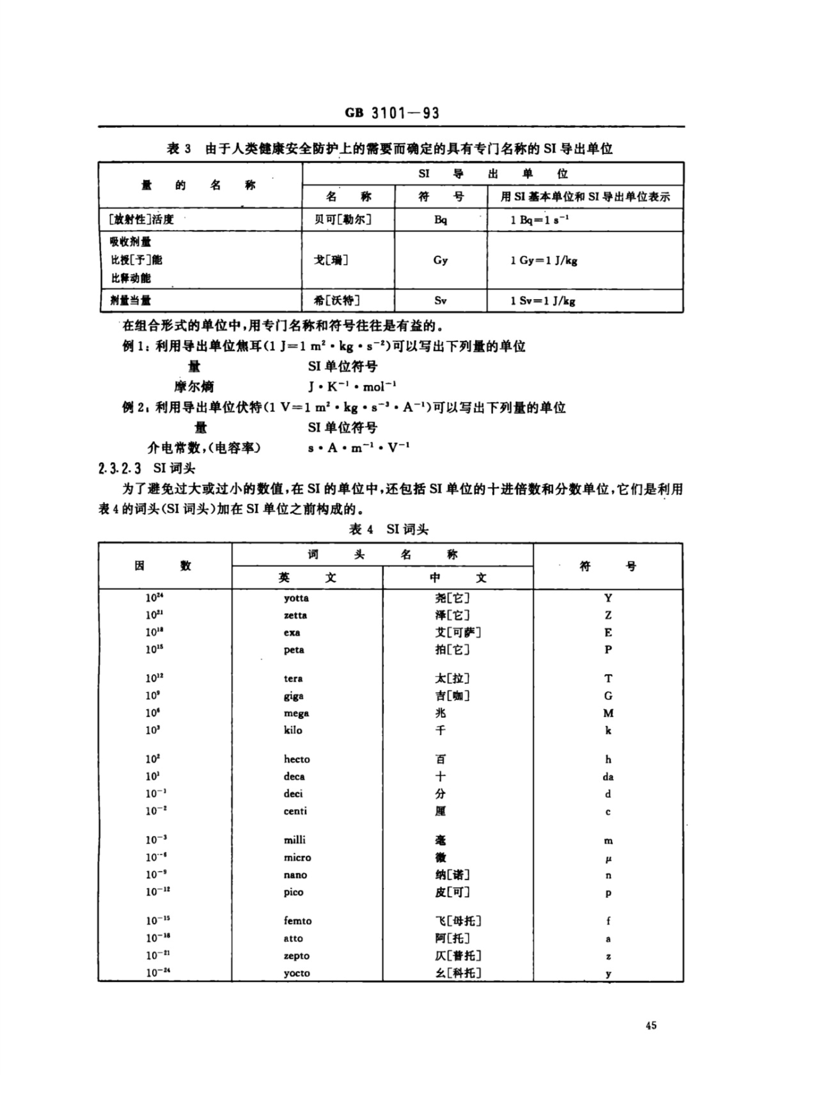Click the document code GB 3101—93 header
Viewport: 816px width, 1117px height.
pyautogui.click(x=392, y=113)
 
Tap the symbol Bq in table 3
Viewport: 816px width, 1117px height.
pyautogui.click(x=441, y=220)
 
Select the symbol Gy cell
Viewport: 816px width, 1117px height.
pyautogui.click(x=441, y=260)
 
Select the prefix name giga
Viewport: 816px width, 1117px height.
pyautogui.click(x=294, y=696)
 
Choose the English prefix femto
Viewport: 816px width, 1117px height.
pyautogui.click(x=298, y=921)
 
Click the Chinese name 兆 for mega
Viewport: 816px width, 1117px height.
pyautogui.click(x=440, y=713)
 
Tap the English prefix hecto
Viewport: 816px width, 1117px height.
pyautogui.click(x=297, y=759)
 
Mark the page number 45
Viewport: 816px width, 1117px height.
pyautogui.click(x=651, y=1025)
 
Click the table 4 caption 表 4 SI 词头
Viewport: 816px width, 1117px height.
pyautogui.click(x=389, y=530)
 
